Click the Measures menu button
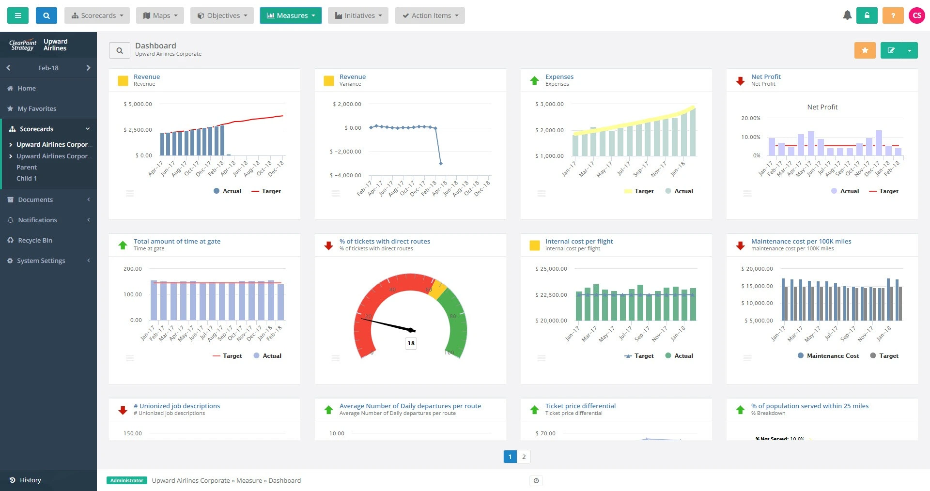coord(291,15)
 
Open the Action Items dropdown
coord(430,15)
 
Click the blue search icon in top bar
coord(46,15)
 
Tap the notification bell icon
coord(847,15)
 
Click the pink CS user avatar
coord(916,15)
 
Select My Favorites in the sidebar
coord(37,108)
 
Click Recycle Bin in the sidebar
coord(35,240)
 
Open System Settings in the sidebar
coord(41,261)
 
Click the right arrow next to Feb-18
coord(88,68)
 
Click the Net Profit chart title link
coord(765,77)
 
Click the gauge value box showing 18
coord(411,343)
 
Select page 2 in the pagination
coord(524,457)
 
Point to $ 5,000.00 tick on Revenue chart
coord(138,104)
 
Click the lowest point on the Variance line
coord(440,164)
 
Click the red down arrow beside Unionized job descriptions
coord(123,410)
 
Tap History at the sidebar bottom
coord(30,480)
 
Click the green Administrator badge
coord(126,480)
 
